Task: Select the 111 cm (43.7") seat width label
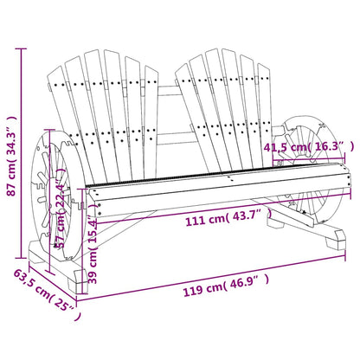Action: click(x=220, y=223)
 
